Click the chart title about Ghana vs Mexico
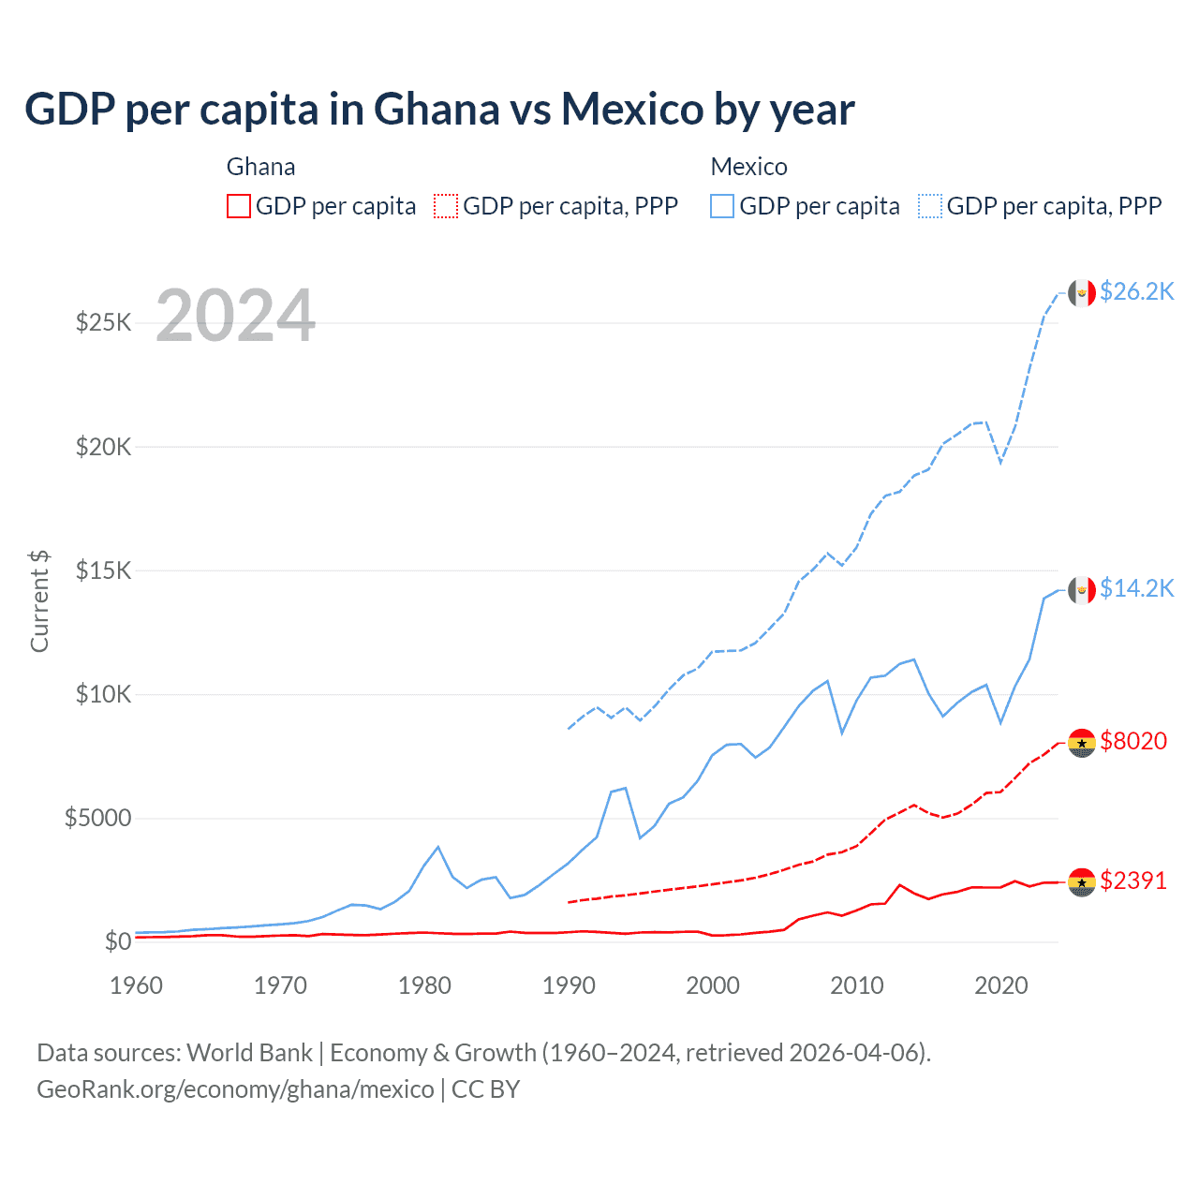pyautogui.click(x=439, y=110)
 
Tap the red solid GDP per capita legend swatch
pyautogui.click(x=239, y=206)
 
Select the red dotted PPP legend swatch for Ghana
pyautogui.click(x=446, y=206)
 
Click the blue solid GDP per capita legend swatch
pyautogui.click(x=722, y=206)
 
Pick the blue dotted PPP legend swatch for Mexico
pyautogui.click(x=930, y=206)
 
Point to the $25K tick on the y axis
pyautogui.click(x=103, y=323)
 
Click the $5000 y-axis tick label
pyautogui.click(x=97, y=818)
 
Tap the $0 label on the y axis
pyautogui.click(x=117, y=941)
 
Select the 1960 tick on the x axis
pyautogui.click(x=137, y=985)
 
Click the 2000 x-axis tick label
pyautogui.click(x=713, y=985)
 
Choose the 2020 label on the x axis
pyautogui.click(x=1001, y=985)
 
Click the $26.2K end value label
pyautogui.click(x=1136, y=292)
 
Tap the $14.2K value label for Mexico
pyautogui.click(x=1136, y=588)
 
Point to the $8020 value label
pyautogui.click(x=1133, y=741)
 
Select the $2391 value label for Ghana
pyautogui.click(x=1133, y=881)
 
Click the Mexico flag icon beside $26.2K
pyautogui.click(x=1082, y=293)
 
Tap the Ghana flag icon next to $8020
pyautogui.click(x=1082, y=743)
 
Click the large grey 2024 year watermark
pyautogui.click(x=235, y=316)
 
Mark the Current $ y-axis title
pyautogui.click(x=39, y=601)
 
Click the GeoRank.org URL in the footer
pyautogui.click(x=235, y=1089)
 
